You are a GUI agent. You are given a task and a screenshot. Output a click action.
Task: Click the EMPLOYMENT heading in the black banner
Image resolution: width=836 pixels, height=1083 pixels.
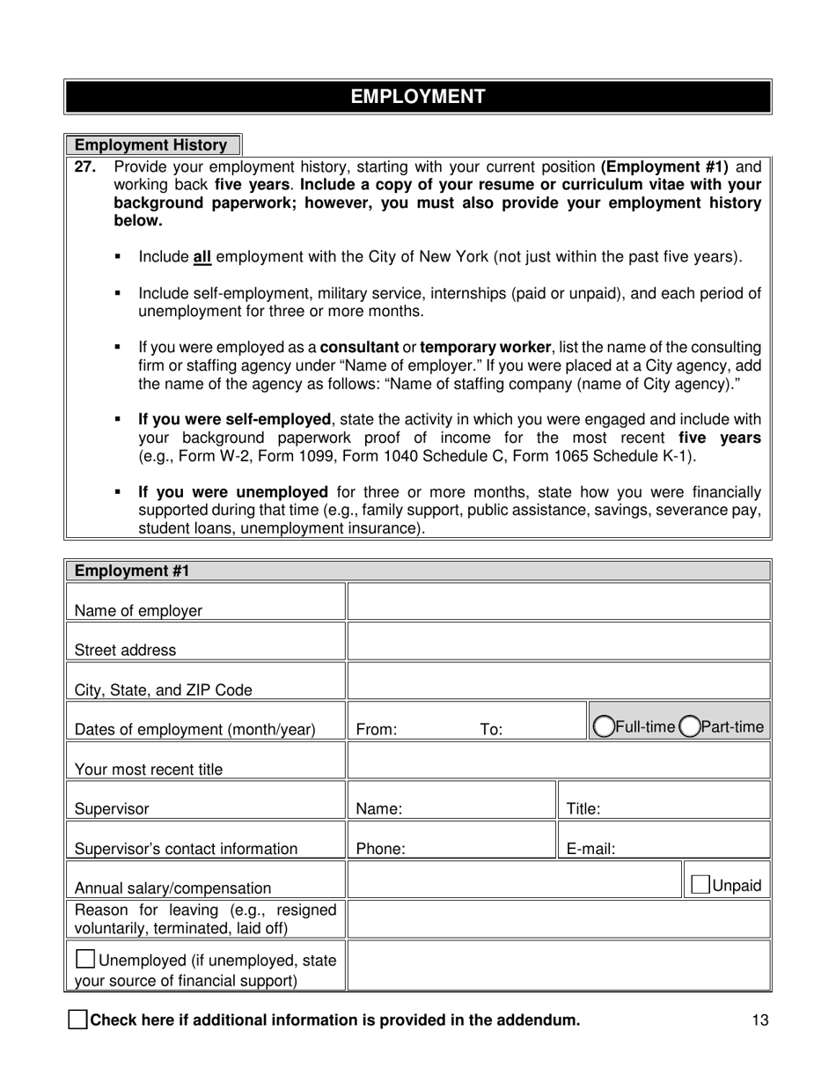[418, 97]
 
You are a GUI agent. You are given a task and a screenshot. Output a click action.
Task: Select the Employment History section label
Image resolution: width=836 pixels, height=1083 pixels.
[150, 145]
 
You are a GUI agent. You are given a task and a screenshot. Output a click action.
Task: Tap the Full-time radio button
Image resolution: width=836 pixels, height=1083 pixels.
[604, 726]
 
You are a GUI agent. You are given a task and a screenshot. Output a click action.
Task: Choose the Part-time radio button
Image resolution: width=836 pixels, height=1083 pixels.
[690, 726]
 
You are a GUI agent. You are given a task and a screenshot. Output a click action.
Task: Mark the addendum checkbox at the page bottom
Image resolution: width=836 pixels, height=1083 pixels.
[78, 1020]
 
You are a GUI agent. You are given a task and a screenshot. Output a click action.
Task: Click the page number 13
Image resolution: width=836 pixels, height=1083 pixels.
[760, 1020]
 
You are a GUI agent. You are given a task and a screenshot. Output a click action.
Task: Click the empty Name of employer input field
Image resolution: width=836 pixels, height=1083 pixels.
[559, 602]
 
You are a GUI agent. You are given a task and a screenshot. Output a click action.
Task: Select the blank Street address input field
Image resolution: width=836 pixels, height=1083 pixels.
[559, 642]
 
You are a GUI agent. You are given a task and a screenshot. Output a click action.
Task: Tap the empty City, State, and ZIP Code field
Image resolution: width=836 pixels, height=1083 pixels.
[559, 681]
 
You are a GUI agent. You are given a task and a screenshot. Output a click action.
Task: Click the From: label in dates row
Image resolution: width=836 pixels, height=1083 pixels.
[377, 729]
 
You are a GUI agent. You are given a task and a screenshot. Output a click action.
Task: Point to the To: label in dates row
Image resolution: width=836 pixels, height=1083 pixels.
[491, 729]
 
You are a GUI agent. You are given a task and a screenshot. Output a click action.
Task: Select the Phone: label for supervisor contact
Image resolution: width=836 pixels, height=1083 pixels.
[380, 849]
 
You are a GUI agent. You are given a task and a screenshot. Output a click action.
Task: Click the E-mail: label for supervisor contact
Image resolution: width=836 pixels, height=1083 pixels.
[590, 849]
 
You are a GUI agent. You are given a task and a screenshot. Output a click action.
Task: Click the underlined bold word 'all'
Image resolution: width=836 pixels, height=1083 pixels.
[202, 257]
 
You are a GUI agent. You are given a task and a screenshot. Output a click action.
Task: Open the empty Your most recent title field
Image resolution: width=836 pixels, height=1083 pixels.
[559, 761]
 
